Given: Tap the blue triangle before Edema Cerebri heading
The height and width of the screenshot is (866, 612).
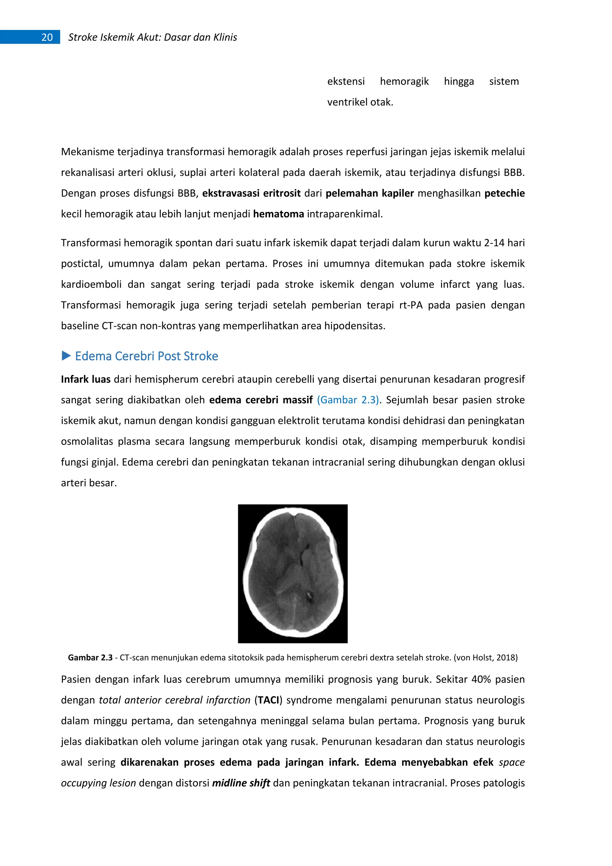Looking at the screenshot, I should click(x=66, y=356).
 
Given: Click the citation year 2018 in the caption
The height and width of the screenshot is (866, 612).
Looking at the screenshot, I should click(x=505, y=657).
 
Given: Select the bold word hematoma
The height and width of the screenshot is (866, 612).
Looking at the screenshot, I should click(x=279, y=214).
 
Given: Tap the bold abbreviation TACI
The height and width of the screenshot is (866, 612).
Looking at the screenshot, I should click(x=269, y=700).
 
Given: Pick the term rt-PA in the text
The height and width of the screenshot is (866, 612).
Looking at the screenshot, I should click(x=411, y=305).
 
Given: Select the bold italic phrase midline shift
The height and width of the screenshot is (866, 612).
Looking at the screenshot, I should click(x=241, y=783).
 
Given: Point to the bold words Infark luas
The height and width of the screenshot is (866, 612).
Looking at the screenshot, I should click(x=85, y=379).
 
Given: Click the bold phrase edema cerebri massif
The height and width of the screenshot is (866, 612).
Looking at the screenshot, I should click(x=261, y=400).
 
